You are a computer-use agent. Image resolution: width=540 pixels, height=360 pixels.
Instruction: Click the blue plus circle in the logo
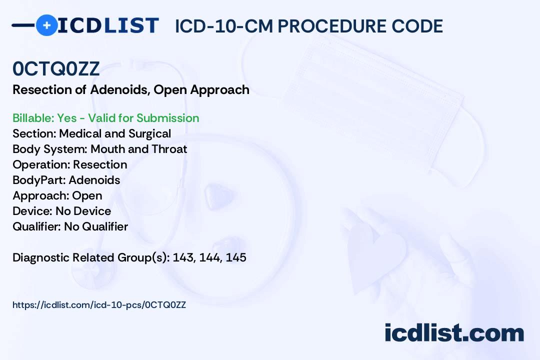click(x=46, y=25)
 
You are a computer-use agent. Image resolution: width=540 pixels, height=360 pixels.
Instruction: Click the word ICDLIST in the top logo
click(x=108, y=25)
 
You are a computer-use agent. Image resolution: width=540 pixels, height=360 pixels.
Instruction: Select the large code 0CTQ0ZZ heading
click(x=56, y=68)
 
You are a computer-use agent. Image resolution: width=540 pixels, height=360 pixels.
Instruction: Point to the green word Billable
click(x=33, y=118)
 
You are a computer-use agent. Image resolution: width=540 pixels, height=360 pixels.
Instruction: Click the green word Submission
click(x=167, y=118)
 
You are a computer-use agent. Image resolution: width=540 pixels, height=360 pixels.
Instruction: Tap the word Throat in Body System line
click(x=169, y=149)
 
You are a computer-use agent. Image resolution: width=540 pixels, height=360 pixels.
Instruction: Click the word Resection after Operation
click(x=100, y=164)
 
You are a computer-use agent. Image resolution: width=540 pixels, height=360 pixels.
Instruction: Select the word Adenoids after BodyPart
click(x=94, y=180)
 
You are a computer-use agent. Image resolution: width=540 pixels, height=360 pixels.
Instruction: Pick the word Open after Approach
click(x=87, y=195)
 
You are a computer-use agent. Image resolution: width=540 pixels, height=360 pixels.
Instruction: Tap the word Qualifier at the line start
click(x=37, y=226)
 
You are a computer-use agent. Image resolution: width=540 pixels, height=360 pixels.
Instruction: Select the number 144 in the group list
click(x=210, y=257)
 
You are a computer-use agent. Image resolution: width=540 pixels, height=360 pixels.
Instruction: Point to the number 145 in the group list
click(x=236, y=257)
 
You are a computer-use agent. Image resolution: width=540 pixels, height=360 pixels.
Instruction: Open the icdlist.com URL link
click(x=99, y=305)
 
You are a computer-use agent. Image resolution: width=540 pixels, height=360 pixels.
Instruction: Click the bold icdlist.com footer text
click(x=454, y=333)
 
